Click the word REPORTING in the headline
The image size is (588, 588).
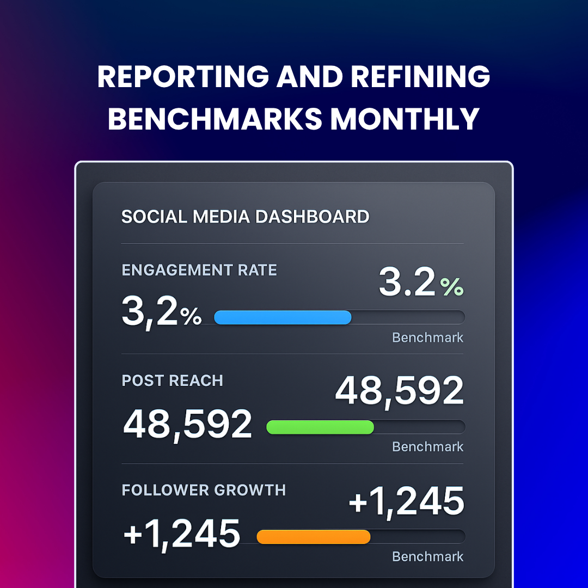tap(183, 77)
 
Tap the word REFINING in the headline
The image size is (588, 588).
tap(420, 77)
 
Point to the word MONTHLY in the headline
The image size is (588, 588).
tap(405, 119)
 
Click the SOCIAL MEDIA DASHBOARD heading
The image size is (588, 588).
tap(245, 217)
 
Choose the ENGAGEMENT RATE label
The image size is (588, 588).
tap(199, 270)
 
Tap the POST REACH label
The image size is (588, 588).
tap(172, 381)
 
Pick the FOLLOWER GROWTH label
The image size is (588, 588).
tap(204, 490)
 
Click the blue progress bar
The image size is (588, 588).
tap(283, 317)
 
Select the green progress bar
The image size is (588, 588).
tap(320, 427)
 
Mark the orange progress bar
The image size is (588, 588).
tap(313, 537)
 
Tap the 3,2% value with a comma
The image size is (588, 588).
tap(161, 311)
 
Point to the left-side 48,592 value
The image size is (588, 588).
tap(188, 425)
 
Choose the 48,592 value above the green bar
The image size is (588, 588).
tap(399, 391)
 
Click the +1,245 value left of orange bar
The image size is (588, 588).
tap(181, 534)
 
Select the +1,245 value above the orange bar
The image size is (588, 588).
tap(406, 501)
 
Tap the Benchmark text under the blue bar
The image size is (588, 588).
tap(427, 338)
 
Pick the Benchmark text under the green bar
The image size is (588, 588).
tap(427, 447)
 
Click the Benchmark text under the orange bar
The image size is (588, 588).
tap(427, 556)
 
